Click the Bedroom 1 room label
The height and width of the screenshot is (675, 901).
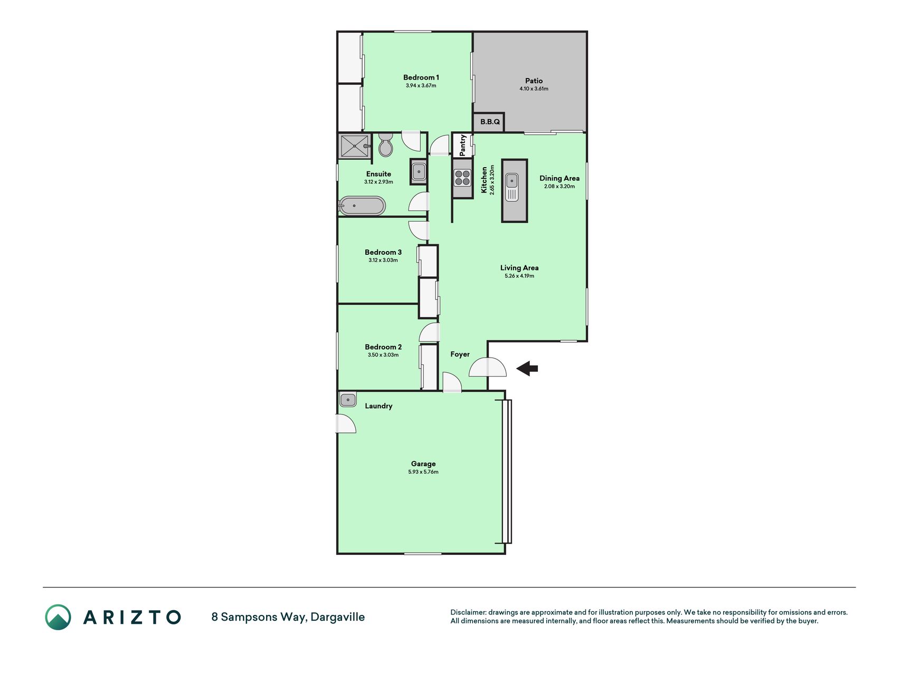pos(421,78)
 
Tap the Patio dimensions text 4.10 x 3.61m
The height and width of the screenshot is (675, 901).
pos(534,89)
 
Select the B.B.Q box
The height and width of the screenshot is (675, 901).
pos(489,122)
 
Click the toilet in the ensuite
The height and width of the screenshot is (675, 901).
pos(386,145)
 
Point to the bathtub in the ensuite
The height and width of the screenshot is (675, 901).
pos(362,206)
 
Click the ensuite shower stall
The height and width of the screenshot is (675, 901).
pos(355,146)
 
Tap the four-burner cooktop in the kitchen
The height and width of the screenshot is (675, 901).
pos(462,178)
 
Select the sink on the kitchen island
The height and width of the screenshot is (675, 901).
pos(512,188)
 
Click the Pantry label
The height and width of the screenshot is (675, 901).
pos(462,145)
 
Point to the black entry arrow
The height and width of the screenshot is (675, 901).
pos(527,368)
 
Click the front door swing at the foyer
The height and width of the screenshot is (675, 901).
pos(488,367)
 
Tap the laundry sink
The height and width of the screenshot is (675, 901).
pos(348,399)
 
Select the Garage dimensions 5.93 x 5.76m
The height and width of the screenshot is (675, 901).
pos(423,472)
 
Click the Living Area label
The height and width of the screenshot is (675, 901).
pos(519,268)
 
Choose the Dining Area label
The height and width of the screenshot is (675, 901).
pos(559,178)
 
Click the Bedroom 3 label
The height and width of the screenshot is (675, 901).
pos(383,252)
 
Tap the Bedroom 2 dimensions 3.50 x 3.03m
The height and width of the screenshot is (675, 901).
pos(383,355)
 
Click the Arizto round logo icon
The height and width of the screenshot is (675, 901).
pos(58,617)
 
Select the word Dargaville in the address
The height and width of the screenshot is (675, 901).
pos(337,617)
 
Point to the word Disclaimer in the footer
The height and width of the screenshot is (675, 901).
pos(468,612)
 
